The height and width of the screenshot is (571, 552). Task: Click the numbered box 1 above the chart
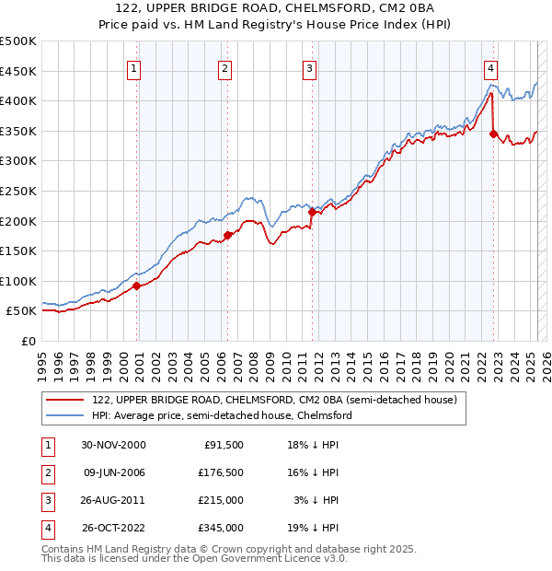(x=134, y=68)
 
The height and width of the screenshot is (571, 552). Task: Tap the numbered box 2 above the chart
(x=224, y=68)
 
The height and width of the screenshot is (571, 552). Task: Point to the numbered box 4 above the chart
(x=491, y=68)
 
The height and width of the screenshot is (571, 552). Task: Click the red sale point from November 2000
(x=137, y=285)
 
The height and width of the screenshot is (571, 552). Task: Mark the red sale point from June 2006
(x=227, y=235)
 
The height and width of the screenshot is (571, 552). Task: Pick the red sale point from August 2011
(x=312, y=212)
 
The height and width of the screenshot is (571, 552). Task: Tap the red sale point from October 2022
(x=494, y=134)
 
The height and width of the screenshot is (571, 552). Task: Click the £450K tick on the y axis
(x=18, y=71)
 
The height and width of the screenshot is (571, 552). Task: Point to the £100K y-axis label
(x=18, y=281)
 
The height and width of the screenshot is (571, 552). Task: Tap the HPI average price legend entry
(x=221, y=415)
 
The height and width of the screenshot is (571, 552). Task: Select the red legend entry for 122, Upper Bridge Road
(x=267, y=400)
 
